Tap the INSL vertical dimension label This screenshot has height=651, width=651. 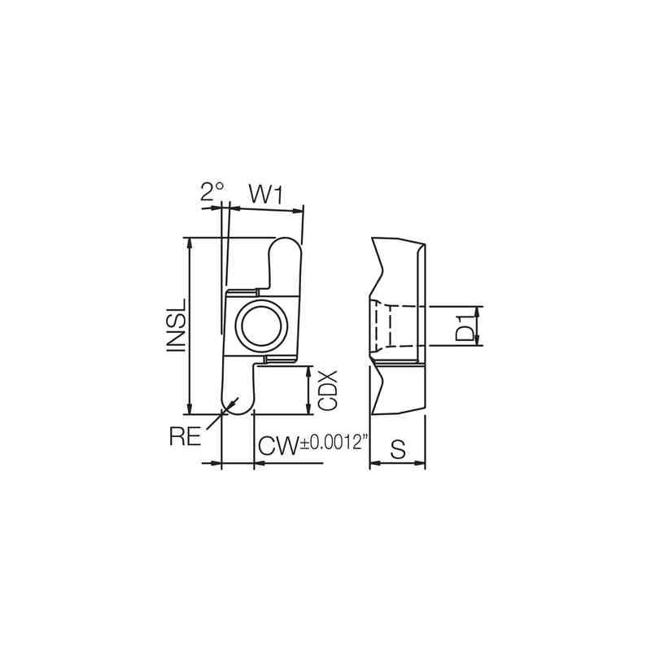pyautogui.click(x=177, y=325)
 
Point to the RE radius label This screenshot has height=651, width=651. pyautogui.click(x=186, y=436)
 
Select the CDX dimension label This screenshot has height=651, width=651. pyautogui.click(x=327, y=391)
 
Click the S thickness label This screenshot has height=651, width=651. pyautogui.click(x=398, y=448)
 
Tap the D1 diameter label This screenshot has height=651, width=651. pyautogui.click(x=464, y=325)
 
